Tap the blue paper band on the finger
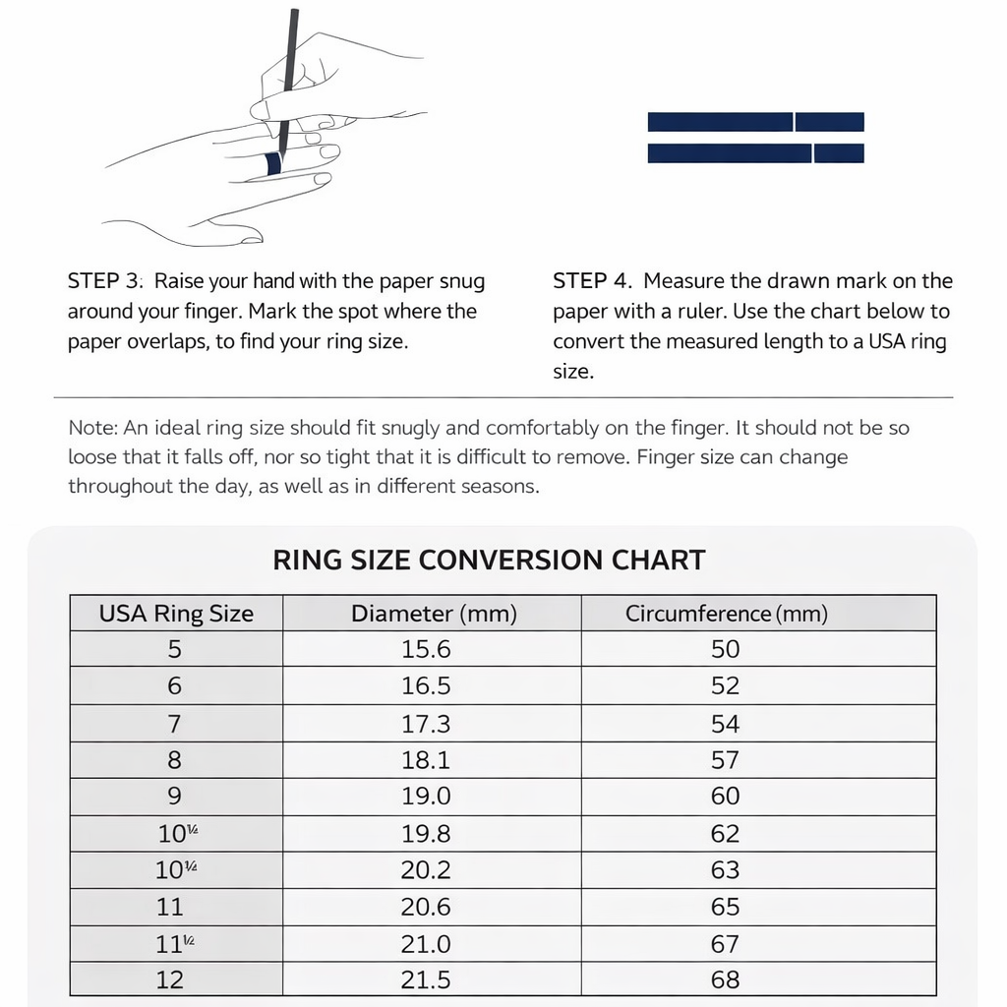point(274,164)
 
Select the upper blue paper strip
point(755,122)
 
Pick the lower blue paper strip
point(755,153)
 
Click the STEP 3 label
point(105,281)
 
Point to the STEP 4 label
point(591,281)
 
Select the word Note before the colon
point(91,428)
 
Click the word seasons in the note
point(500,487)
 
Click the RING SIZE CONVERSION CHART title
point(489,561)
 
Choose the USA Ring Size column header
point(176,614)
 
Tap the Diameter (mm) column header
point(434,614)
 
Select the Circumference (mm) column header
point(727,614)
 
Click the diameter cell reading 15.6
point(426,649)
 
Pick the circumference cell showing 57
point(725,760)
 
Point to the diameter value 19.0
point(426,797)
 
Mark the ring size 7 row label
point(174,724)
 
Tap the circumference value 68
point(725,980)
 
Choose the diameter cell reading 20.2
point(426,870)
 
